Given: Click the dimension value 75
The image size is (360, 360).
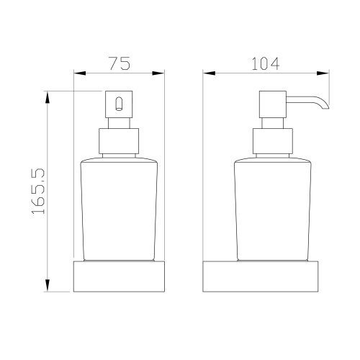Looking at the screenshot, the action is [120, 63].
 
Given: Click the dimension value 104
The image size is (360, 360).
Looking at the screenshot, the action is [266, 63].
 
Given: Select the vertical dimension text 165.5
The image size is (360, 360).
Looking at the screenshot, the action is [38, 191].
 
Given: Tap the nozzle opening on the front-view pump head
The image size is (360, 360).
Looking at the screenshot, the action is [119, 104].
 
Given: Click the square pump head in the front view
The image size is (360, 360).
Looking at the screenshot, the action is [119, 104].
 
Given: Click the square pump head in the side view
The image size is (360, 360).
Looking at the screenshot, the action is [273, 104].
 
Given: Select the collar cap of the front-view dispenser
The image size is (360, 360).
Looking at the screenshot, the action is [119, 141].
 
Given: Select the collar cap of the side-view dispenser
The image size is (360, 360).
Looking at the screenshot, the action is [273, 141].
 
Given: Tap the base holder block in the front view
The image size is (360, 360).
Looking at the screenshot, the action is [119, 276].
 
